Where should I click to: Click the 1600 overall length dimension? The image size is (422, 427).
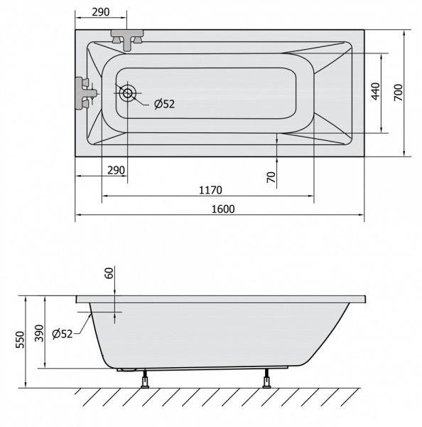click(x=223, y=209)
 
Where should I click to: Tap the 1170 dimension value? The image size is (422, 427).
click(x=210, y=190)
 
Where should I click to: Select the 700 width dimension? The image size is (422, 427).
click(x=399, y=93)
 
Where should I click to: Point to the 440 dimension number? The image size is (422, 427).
click(x=375, y=92)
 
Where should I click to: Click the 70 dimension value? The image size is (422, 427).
click(x=271, y=177)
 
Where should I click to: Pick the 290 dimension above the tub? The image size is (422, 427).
click(x=101, y=12)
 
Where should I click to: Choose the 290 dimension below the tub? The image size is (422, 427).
click(x=116, y=170)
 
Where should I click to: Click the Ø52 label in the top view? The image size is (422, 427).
click(x=165, y=104)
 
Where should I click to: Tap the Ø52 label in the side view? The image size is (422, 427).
click(x=63, y=334)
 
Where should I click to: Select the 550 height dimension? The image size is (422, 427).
click(x=20, y=340)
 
